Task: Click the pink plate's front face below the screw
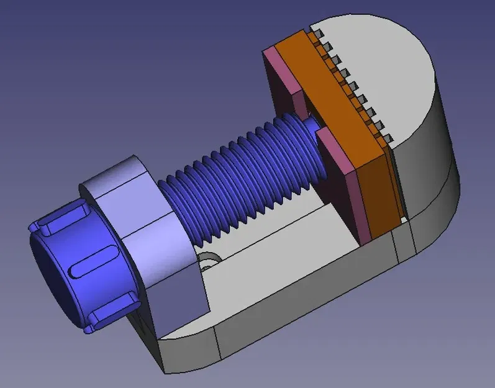(345, 192)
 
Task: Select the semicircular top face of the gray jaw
(379, 68)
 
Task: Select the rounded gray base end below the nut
(186, 354)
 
